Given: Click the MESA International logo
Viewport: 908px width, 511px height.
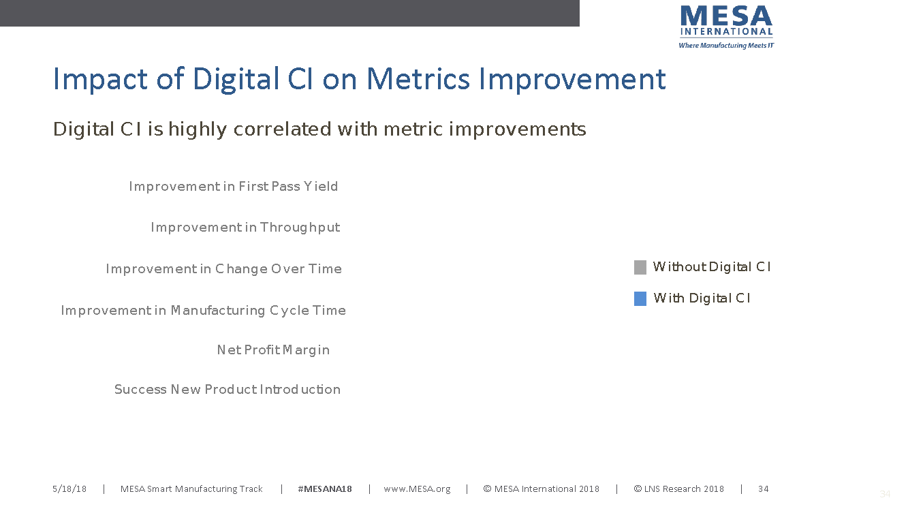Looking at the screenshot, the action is [726, 27].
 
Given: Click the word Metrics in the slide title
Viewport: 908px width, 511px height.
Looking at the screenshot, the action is [418, 78].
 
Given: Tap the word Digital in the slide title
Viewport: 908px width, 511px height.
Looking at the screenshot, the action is [236, 80].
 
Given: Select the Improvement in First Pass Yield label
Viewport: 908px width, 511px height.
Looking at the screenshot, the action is [234, 186].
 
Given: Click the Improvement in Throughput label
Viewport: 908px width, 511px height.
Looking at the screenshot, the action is [245, 228].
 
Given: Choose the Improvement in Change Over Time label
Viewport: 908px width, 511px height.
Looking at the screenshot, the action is [223, 269].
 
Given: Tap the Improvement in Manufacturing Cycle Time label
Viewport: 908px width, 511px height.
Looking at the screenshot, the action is [203, 311].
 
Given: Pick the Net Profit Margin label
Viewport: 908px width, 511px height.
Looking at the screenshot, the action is [273, 350].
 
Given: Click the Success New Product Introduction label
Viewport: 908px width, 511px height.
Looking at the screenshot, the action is [228, 389].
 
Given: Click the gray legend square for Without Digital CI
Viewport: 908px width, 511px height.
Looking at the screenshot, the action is [640, 267].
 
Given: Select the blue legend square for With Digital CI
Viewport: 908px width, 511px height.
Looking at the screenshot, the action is [640, 299].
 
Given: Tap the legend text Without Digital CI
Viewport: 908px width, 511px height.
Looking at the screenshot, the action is [712, 267].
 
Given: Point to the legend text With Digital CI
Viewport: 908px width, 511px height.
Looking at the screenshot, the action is [702, 298].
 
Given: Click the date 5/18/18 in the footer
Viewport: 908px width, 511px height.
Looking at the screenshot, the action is [69, 489].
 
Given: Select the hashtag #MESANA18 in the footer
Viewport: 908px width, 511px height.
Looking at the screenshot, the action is [325, 489].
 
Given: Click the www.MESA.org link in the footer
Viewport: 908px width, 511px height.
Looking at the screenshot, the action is [417, 489].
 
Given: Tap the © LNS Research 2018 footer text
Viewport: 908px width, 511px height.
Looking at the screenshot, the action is [679, 489].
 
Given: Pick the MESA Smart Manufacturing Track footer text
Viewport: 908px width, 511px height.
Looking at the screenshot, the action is [191, 489].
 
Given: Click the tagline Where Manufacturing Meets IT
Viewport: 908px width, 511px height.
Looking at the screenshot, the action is [726, 46].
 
